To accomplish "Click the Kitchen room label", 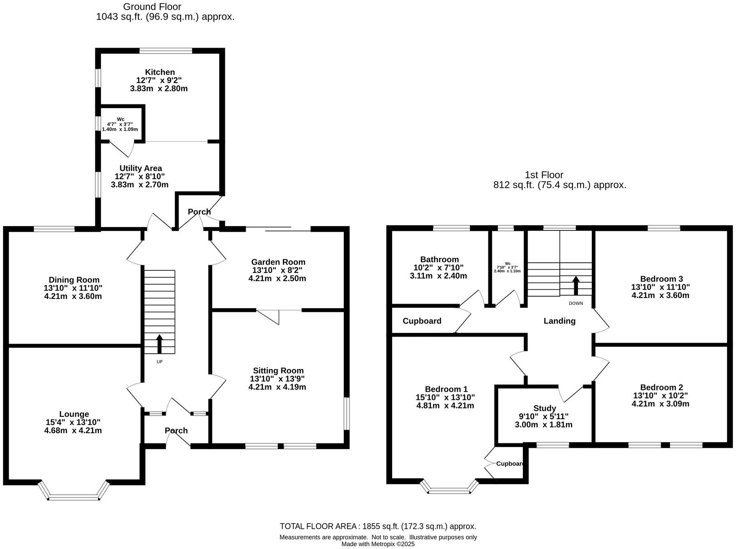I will click(x=160, y=72).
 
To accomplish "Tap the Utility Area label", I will click(x=140, y=168).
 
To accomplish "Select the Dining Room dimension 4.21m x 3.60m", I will click(x=73, y=296).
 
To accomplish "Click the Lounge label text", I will click(x=74, y=414).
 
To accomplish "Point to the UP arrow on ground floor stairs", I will click(x=159, y=344).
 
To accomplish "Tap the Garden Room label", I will click(x=278, y=262).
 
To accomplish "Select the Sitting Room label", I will click(x=278, y=371).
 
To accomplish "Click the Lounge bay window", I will click(x=74, y=497).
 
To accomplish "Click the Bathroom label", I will click(x=439, y=260).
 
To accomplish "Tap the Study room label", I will click(x=544, y=408).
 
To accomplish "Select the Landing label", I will click(x=559, y=321).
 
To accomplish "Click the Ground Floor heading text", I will click(x=152, y=7).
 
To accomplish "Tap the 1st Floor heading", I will click(x=544, y=175).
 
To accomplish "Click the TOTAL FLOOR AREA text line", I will click(x=378, y=526).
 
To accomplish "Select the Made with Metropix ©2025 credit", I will click(x=378, y=544).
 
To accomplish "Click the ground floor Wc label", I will click(x=120, y=119).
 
